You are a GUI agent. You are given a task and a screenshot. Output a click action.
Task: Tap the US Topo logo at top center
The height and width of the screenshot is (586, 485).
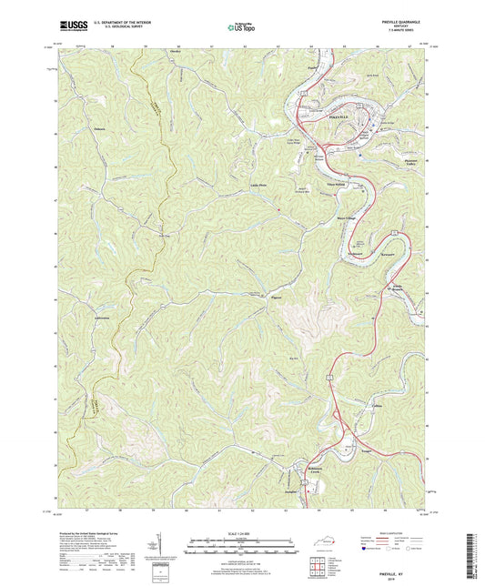[x=241, y=27]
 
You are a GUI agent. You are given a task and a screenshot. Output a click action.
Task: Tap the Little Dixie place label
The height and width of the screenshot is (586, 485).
[x=258, y=186]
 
